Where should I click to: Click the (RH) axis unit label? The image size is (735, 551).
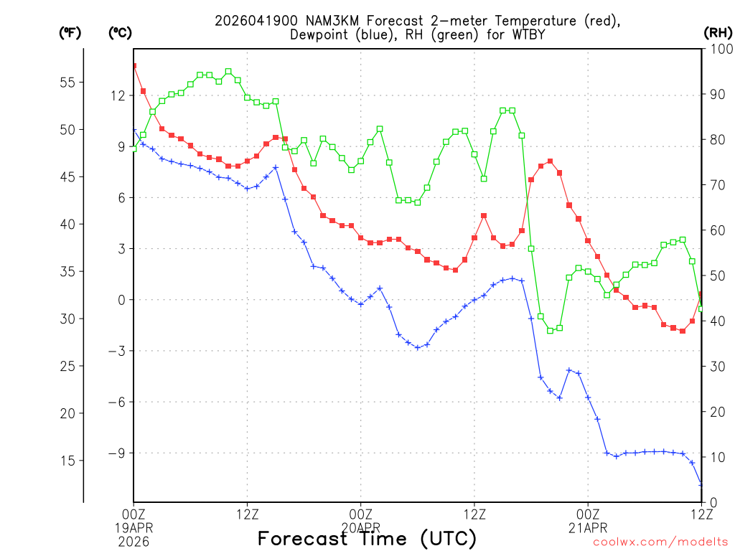718,32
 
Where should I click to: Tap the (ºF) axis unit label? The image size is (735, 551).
70,32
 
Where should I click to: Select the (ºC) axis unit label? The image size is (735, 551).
120,32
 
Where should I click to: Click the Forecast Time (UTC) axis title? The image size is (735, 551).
367,538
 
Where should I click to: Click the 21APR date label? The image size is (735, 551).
588,527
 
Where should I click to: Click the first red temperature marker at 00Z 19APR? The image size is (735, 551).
134,66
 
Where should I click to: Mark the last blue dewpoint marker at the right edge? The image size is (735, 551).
701,485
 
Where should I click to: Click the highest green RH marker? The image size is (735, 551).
228,72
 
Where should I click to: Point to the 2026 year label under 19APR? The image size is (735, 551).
134,540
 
